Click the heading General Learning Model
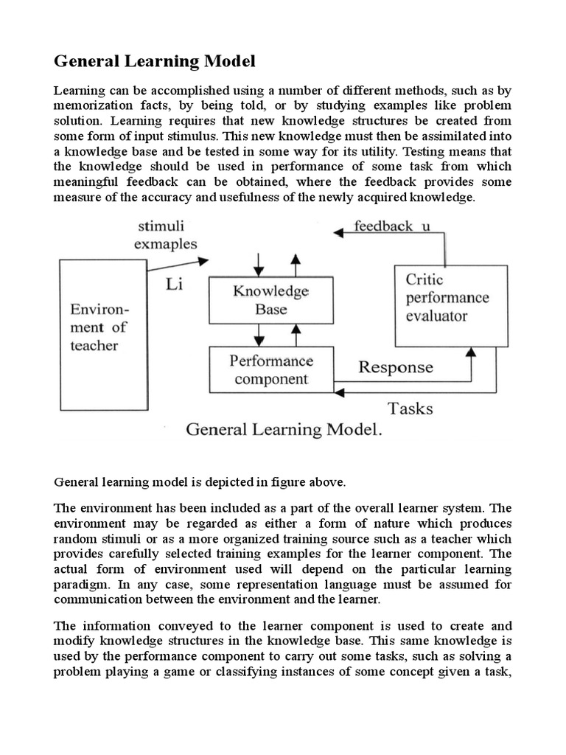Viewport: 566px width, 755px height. (154, 61)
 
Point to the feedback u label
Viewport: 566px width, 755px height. (392, 226)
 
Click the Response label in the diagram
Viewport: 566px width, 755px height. (395, 367)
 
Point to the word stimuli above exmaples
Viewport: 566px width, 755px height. (161, 227)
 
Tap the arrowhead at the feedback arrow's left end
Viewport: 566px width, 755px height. (339, 233)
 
